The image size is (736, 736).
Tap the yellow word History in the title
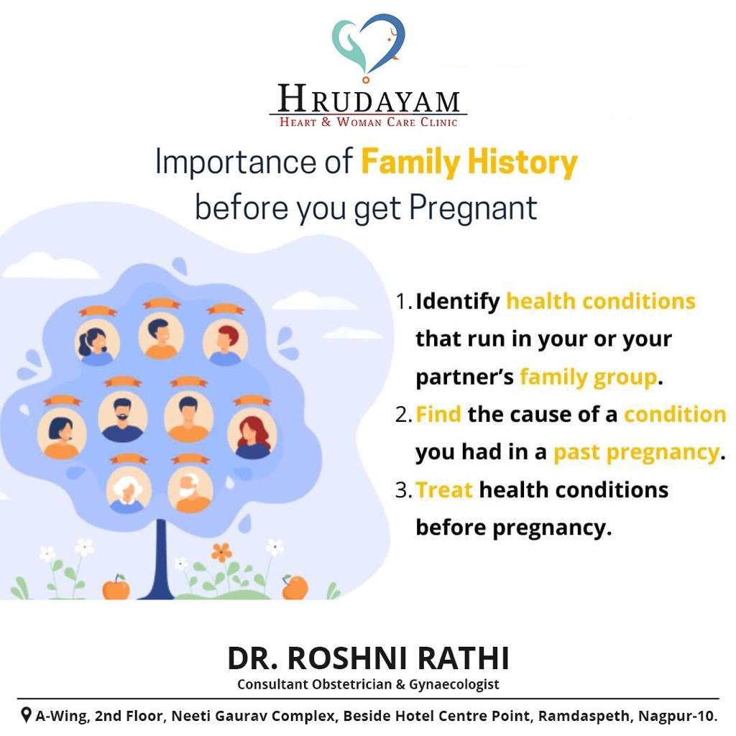pos(523,162)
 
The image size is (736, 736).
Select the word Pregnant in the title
pos(473,208)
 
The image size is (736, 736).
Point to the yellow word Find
pos(438,415)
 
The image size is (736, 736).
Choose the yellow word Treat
pos(444,490)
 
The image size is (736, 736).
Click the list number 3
pos(403,490)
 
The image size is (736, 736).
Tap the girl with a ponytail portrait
pos(97,342)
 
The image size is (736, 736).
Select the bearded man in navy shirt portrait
pos(122,417)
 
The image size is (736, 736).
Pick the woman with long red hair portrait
pos(252,434)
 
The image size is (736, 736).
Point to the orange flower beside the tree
pos(221,553)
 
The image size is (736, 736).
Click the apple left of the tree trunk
pos(116,586)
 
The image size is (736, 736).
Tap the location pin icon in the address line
pos(27,715)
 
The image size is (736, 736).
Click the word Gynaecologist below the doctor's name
pos(454,685)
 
